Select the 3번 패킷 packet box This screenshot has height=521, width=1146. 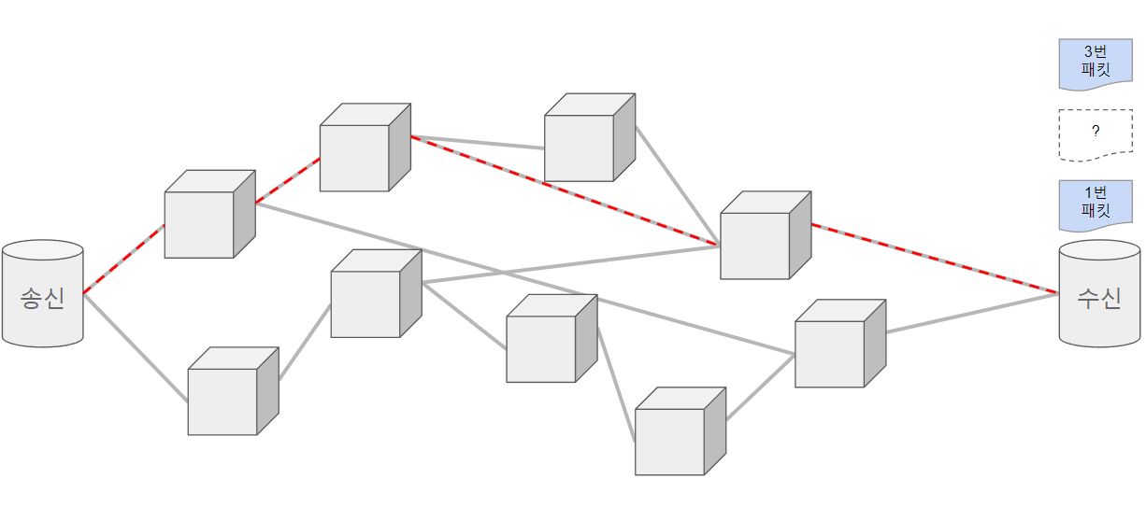coord(1095,63)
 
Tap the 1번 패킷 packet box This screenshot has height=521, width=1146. coord(1095,205)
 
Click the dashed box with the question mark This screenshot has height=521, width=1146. coord(1095,134)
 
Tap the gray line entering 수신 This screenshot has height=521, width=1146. coord(972,313)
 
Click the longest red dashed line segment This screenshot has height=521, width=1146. coord(566,191)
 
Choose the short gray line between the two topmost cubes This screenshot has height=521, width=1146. coord(478,142)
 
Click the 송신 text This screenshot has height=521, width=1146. coord(42,299)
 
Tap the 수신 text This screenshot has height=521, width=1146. coord(1099,299)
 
